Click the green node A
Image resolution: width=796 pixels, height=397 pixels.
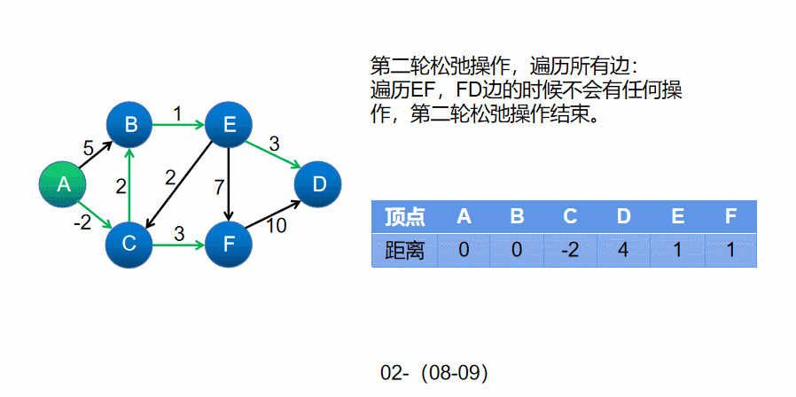(x=63, y=184)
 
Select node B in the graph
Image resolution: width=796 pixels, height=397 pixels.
(x=130, y=125)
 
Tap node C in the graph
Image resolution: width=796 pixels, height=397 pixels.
(x=129, y=242)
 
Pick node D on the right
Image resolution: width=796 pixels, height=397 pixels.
(x=319, y=184)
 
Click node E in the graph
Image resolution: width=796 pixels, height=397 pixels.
(x=229, y=125)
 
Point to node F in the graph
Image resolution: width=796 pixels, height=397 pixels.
(x=229, y=242)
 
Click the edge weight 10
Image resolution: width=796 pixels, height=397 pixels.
(x=277, y=226)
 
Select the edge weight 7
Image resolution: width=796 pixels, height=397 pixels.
(x=219, y=186)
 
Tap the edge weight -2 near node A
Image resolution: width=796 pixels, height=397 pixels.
(x=82, y=222)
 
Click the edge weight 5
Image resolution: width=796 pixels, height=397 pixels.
(x=88, y=149)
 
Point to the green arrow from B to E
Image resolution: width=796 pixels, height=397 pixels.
(x=179, y=125)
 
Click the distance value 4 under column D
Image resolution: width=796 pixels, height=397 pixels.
(x=623, y=251)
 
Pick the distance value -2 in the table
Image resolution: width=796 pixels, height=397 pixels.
(x=570, y=251)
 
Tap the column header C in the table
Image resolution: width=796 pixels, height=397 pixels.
(x=570, y=216)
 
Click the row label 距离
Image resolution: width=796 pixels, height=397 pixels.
(x=404, y=251)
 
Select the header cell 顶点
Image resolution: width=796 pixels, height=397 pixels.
(x=404, y=216)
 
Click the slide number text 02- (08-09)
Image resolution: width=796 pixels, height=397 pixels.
(x=434, y=373)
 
